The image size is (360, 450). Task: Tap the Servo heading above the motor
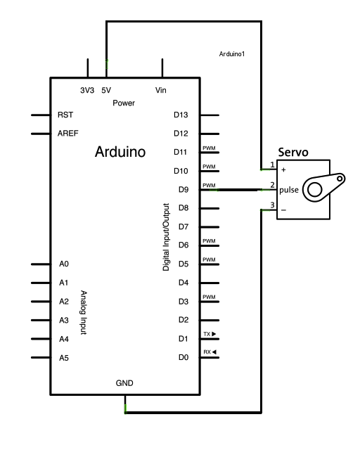click(x=293, y=153)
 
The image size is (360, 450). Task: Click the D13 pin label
click(x=181, y=115)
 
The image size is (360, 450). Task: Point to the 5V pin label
click(x=107, y=91)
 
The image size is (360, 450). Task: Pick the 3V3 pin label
click(x=87, y=91)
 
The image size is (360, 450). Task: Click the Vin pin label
click(x=161, y=91)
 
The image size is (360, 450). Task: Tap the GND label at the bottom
click(x=124, y=383)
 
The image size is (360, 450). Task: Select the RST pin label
click(x=65, y=115)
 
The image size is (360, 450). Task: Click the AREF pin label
click(x=67, y=133)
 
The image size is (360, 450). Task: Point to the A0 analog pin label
click(x=63, y=264)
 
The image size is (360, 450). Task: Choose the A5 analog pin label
click(x=63, y=358)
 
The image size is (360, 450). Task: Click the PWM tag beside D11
click(x=208, y=148)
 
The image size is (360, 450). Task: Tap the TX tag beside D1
click(x=209, y=335)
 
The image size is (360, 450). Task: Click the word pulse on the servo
click(x=288, y=191)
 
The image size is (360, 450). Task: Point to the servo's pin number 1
click(x=272, y=166)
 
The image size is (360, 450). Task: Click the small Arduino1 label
click(x=232, y=54)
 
